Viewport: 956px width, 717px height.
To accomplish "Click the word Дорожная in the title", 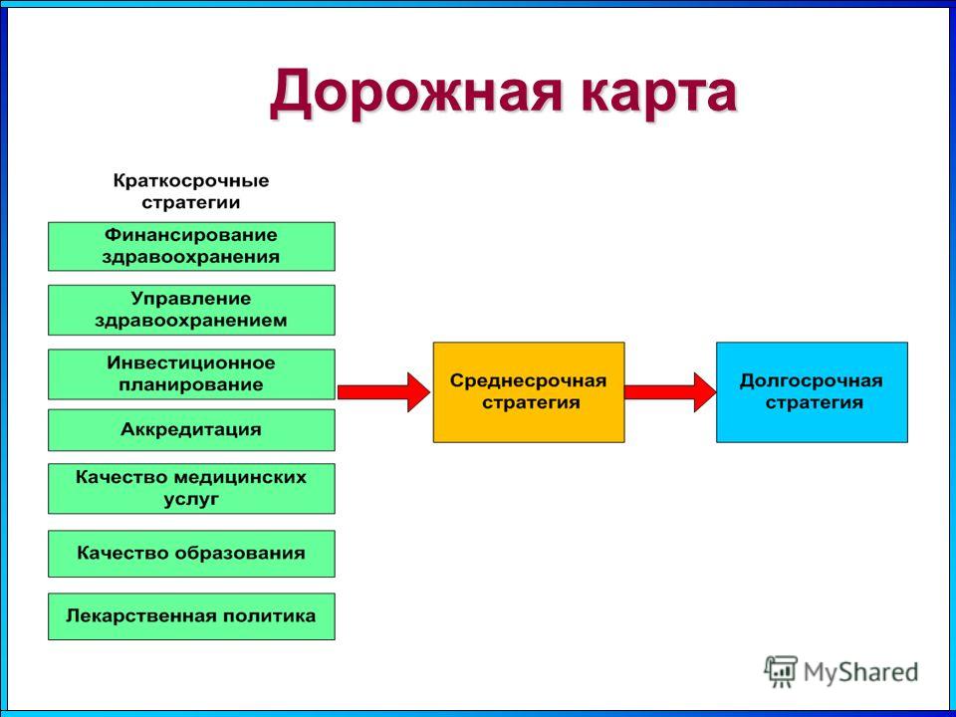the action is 414,93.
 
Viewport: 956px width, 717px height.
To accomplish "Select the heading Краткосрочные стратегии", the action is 191,191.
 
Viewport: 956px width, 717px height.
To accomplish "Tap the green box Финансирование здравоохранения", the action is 191,246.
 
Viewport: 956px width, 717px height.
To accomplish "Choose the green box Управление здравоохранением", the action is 191,310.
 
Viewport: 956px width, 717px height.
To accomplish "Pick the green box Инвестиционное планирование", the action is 191,373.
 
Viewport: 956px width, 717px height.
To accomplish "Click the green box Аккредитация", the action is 191,430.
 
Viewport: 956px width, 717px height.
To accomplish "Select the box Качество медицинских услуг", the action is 191,488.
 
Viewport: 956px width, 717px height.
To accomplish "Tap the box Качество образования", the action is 191,554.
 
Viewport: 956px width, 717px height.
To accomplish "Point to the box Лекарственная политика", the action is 191,616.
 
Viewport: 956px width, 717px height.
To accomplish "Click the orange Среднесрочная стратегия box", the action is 529,392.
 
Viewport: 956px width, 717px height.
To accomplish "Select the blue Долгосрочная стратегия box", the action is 812,392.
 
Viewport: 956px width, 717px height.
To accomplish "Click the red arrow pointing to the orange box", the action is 383,392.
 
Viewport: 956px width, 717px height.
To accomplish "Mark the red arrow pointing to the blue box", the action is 670,392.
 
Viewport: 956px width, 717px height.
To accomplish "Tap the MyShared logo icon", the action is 781,671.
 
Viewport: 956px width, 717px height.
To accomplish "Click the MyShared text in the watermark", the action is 860,672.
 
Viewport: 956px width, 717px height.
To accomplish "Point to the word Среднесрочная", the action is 528,381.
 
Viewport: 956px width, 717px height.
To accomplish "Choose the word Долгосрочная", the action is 811,381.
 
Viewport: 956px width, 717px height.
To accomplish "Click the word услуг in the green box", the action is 191,499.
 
